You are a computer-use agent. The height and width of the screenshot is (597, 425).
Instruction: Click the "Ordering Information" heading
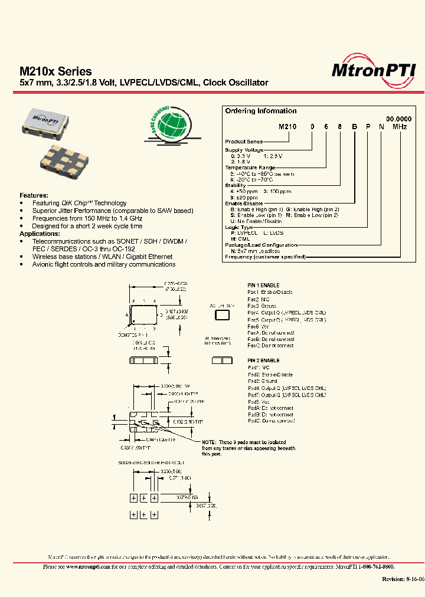(x=260, y=111)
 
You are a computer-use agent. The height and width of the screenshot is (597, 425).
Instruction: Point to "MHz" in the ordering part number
(x=400, y=134)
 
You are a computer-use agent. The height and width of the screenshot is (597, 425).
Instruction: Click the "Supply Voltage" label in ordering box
(x=244, y=150)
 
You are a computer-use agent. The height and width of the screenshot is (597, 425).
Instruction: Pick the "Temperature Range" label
(x=250, y=168)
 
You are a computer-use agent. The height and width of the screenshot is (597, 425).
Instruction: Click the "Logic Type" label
(x=239, y=227)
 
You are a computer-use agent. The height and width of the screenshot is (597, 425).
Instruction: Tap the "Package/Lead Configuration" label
(x=261, y=245)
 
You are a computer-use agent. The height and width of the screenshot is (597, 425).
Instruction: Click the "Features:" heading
(x=35, y=195)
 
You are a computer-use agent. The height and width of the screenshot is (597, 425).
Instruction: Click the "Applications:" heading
(x=40, y=234)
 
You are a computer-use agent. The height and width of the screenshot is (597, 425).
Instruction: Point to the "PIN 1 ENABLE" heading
(x=263, y=285)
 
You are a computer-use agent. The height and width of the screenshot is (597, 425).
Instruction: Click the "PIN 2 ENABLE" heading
(x=263, y=360)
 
